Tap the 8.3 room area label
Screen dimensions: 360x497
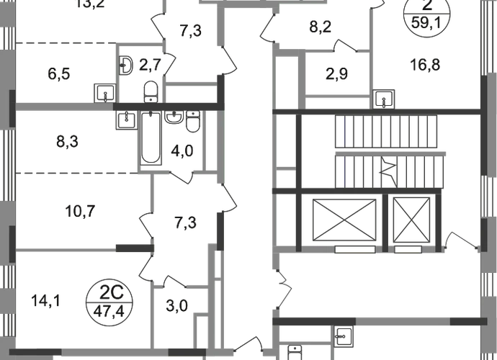[x=66, y=142]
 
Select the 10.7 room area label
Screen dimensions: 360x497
[x=80, y=212]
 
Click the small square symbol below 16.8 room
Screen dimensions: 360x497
[x=385, y=97]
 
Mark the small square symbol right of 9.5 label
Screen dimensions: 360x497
[x=105, y=91]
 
